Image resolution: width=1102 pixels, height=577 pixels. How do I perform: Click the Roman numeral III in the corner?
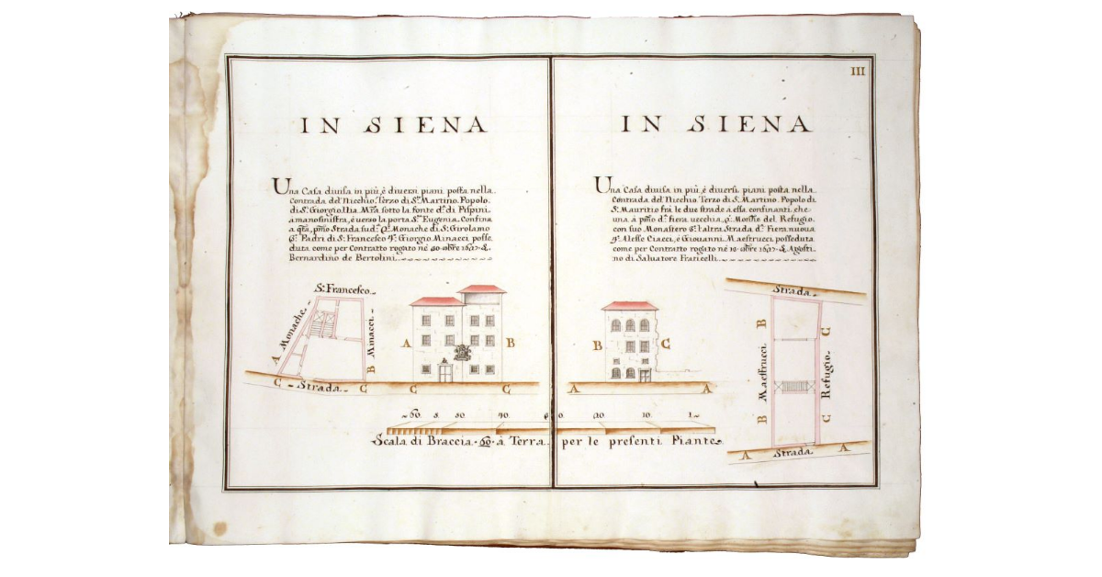860,70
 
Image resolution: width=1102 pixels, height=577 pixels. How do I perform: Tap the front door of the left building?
446,372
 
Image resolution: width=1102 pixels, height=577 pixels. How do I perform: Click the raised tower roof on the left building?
481,288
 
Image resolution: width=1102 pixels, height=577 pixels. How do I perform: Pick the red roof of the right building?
629,305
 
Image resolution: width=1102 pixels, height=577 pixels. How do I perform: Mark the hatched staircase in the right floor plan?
793,387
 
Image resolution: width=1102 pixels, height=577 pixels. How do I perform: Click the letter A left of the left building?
405,343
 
